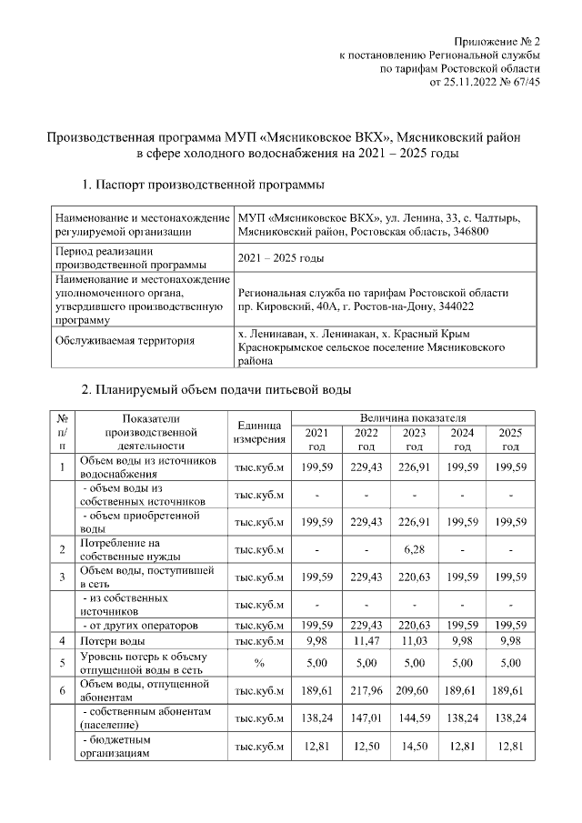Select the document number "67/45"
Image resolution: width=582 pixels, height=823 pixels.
[527, 81]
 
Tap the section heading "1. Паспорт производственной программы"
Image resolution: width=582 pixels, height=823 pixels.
[202, 186]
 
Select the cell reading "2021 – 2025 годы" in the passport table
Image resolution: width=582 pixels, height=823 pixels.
[281, 259]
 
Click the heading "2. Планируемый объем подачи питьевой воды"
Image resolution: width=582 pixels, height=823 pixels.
[216, 390]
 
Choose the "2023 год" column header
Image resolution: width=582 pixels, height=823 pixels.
[414, 439]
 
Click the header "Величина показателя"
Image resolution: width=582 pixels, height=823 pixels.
[414, 417]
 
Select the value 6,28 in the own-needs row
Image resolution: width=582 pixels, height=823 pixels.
[414, 549]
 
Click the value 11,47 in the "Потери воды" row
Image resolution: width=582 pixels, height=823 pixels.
[366, 641]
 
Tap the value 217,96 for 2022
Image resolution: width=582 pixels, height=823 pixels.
[366, 690]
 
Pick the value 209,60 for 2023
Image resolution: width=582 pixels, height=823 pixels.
[414, 690]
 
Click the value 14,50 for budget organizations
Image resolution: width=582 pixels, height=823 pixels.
[414, 747]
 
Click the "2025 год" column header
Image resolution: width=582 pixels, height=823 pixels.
[510, 439]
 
